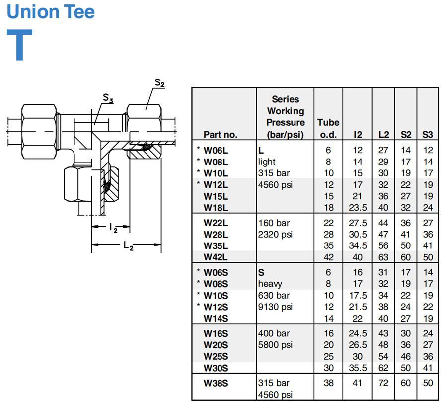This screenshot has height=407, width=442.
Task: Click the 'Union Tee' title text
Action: [51, 11]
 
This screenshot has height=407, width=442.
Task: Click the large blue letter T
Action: [19, 45]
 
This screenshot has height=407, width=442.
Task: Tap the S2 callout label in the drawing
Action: [160, 83]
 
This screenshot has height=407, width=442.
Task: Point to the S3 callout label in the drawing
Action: [108, 98]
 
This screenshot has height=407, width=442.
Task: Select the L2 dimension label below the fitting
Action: [128, 246]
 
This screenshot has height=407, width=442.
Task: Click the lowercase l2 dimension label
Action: [113, 228]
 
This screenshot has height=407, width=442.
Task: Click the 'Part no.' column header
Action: [221, 135]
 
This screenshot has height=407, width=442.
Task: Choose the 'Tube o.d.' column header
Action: [328, 128]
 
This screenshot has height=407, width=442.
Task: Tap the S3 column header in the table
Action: [427, 135]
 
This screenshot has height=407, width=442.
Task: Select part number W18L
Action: [216, 208]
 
